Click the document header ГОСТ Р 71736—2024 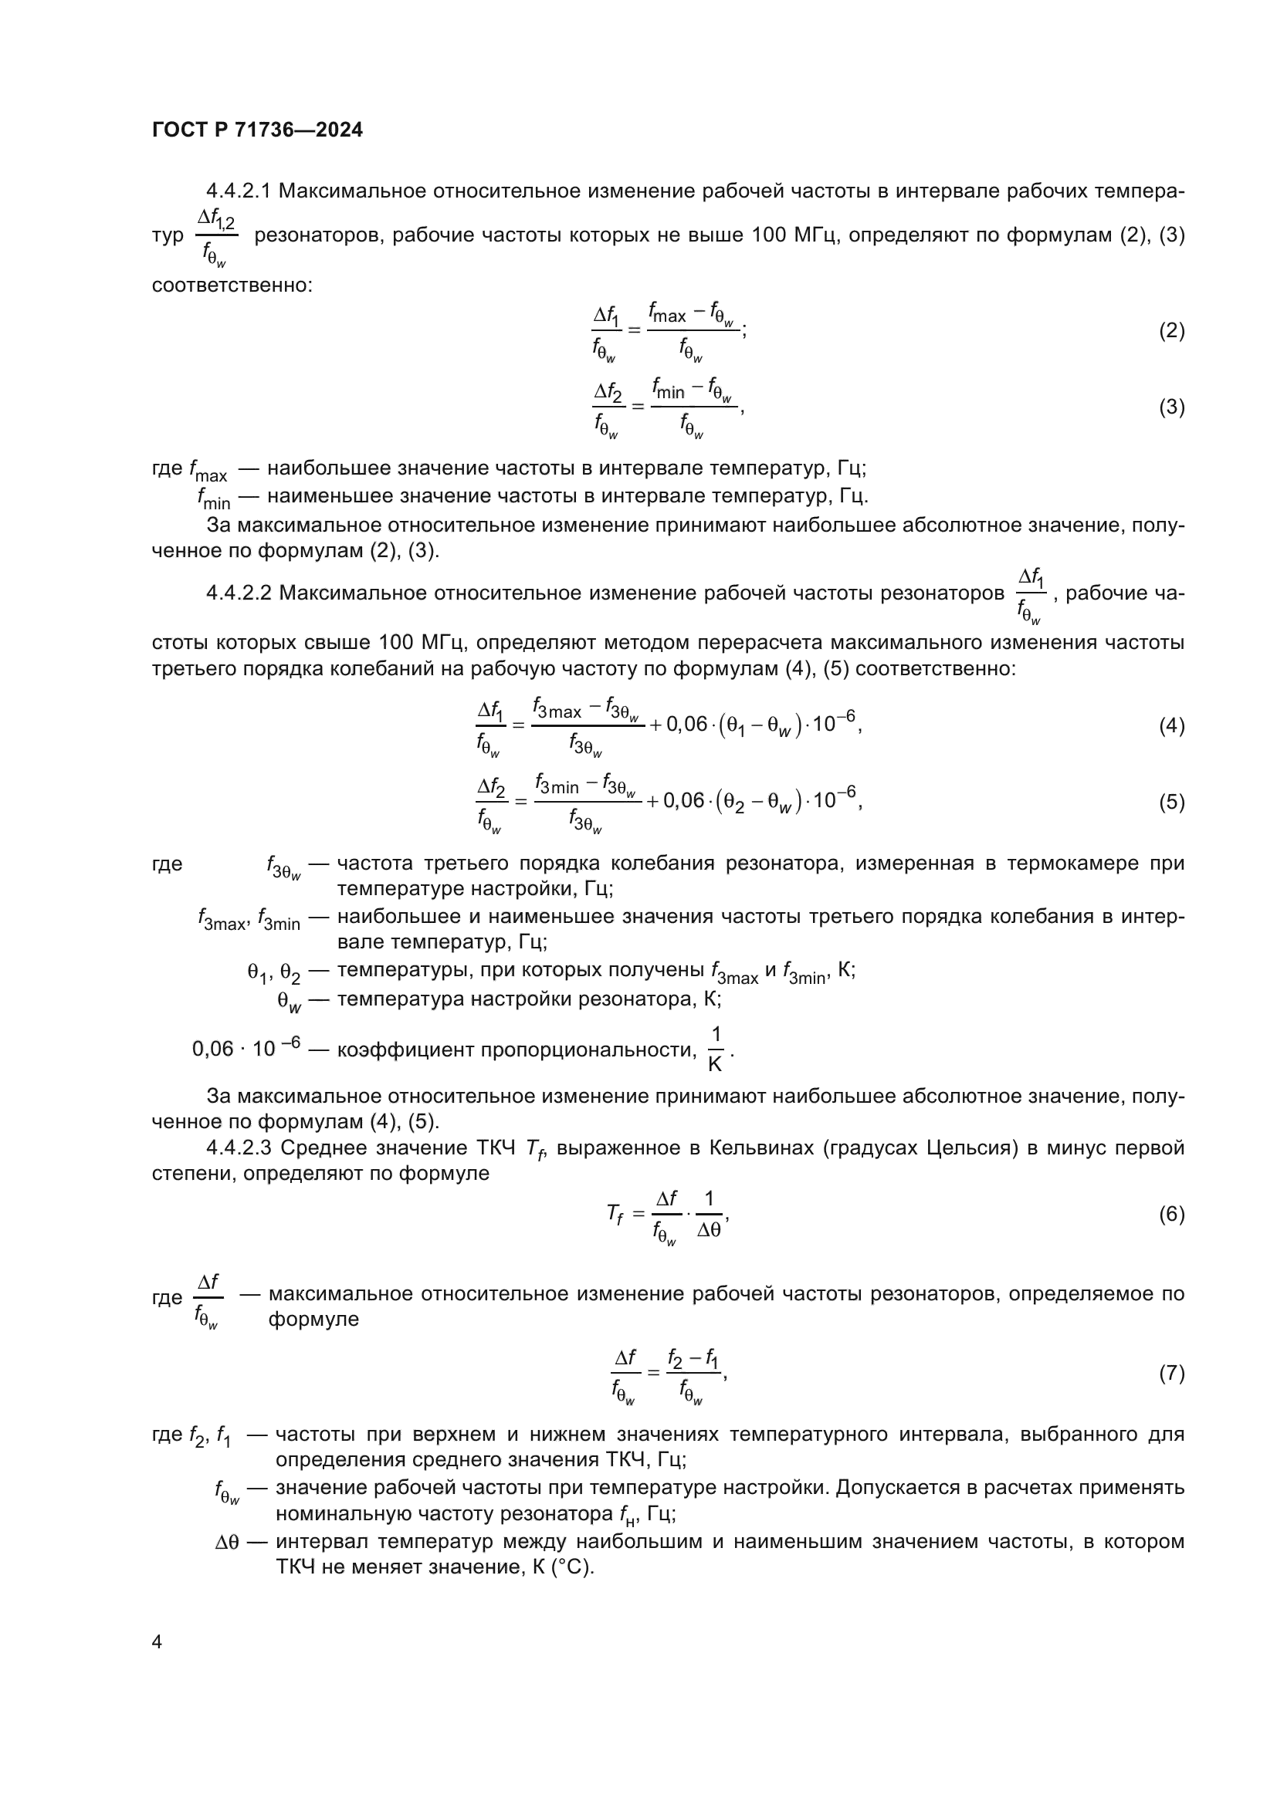pyautogui.click(x=257, y=130)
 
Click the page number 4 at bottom pyautogui.click(x=157, y=1642)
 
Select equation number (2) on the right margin pyautogui.click(x=1171, y=330)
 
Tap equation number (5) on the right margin pyautogui.click(x=1171, y=802)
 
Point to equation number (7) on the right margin pyautogui.click(x=1171, y=1374)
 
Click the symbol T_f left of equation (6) pyautogui.click(x=614, y=1215)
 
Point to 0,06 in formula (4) pyautogui.click(x=686, y=725)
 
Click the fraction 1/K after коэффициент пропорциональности pyautogui.click(x=715, y=1049)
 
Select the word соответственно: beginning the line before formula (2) pyautogui.click(x=232, y=285)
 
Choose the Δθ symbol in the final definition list pyautogui.click(x=226, y=1543)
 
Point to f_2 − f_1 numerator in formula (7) pyautogui.click(x=692, y=1357)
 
